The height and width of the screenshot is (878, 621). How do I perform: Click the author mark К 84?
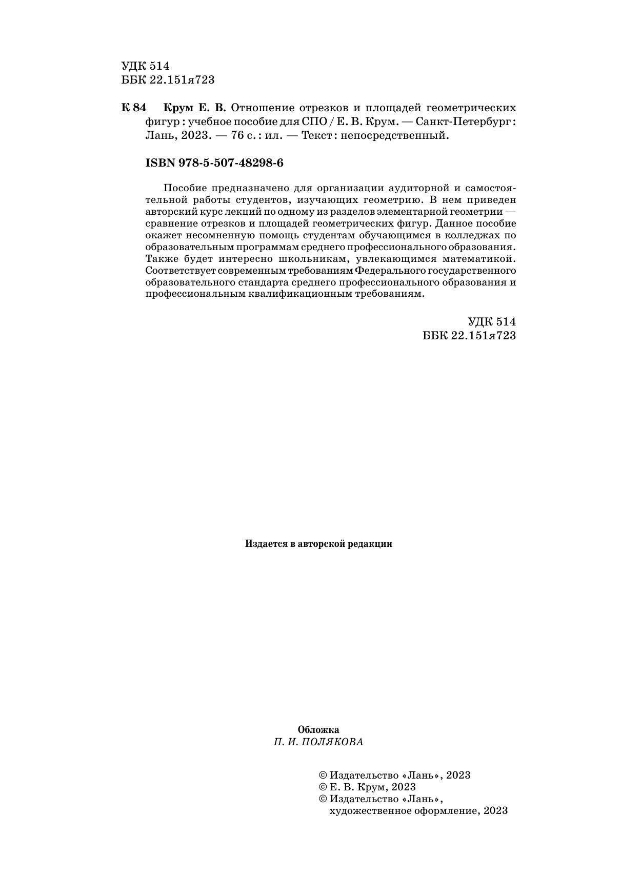point(134,108)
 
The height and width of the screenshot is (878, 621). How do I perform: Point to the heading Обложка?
point(318,730)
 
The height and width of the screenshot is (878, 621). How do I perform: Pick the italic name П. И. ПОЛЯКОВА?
point(318,742)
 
